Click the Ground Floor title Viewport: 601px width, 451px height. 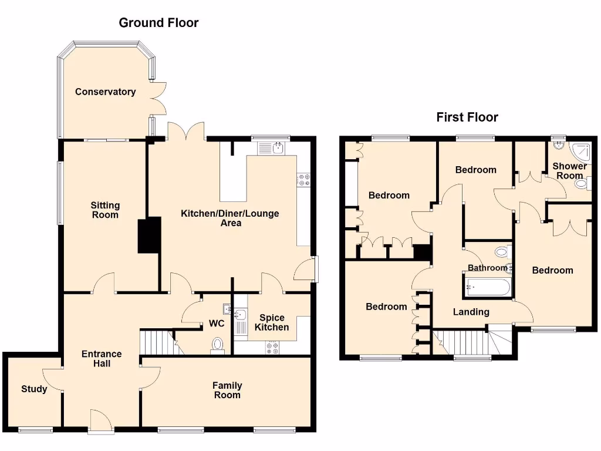[158, 23]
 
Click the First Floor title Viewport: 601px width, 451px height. [467, 117]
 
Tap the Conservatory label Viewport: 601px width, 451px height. [105, 92]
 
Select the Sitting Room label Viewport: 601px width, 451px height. [105, 210]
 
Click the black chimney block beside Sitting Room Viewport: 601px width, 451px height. [149, 235]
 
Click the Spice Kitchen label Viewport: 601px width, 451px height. [272, 322]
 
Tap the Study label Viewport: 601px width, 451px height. [34, 389]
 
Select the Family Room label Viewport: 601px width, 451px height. [227, 390]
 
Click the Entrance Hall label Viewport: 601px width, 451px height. [102, 358]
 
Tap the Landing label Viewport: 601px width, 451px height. [471, 312]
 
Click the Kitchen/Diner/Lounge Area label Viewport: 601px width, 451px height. [230, 218]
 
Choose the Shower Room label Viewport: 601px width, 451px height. [569, 170]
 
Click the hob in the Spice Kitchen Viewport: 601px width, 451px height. [272, 348]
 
